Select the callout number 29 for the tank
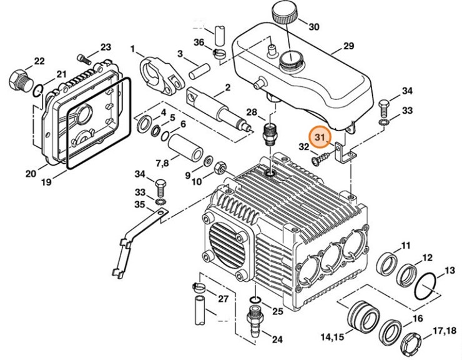[347, 46]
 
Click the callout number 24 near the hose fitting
[277, 339]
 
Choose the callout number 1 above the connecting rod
[132, 48]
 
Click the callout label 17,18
[445, 330]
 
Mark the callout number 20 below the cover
[31, 173]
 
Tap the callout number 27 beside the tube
[223, 298]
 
